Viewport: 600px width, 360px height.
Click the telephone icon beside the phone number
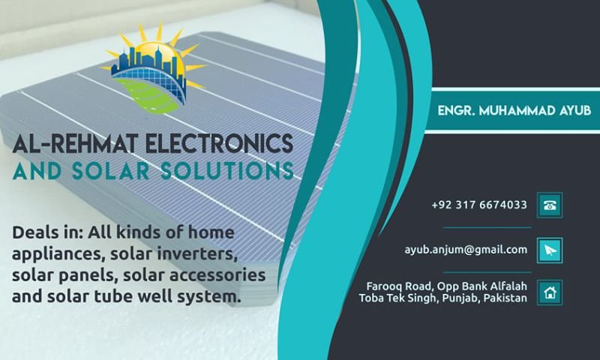pyautogui.click(x=550, y=205)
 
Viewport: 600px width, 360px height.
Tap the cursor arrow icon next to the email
pyautogui.click(x=550, y=250)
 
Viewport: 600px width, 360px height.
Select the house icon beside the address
pyautogui.click(x=550, y=292)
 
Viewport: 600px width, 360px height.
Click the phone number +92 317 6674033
pyautogui.click(x=479, y=205)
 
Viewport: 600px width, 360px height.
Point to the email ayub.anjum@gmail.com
pyautogui.click(x=466, y=250)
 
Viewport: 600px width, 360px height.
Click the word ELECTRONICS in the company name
pyautogui.click(x=219, y=143)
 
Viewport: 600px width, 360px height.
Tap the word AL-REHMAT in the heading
pyautogui.click(x=75, y=143)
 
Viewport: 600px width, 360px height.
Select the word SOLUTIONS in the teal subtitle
pyautogui.click(x=227, y=171)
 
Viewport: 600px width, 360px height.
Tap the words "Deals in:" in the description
pyautogui.click(x=48, y=232)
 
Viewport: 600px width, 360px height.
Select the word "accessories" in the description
pyautogui.click(x=217, y=275)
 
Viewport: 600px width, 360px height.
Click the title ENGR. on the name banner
pyautogui.click(x=457, y=110)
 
